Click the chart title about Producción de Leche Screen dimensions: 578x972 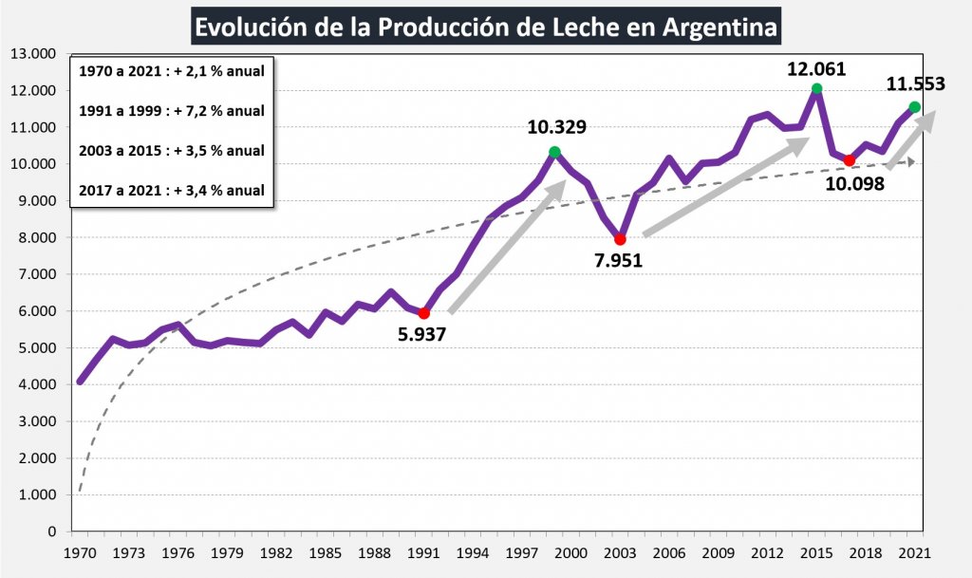point(485,26)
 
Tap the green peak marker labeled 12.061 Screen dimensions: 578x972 point(816,89)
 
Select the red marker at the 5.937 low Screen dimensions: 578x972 point(424,313)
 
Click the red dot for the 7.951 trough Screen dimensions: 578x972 point(620,239)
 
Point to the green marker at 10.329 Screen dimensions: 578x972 point(554,152)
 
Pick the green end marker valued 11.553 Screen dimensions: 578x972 point(914,107)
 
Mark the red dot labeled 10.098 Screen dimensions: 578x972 point(850,160)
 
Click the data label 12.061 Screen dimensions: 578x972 point(816,68)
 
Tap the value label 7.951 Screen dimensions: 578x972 point(619,260)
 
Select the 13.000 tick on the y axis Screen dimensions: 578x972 point(33,53)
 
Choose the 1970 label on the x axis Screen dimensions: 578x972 point(80,552)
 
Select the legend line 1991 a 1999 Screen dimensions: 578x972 point(172,110)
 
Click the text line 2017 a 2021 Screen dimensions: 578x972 point(172,190)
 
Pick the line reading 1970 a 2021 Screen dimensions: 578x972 point(172,70)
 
